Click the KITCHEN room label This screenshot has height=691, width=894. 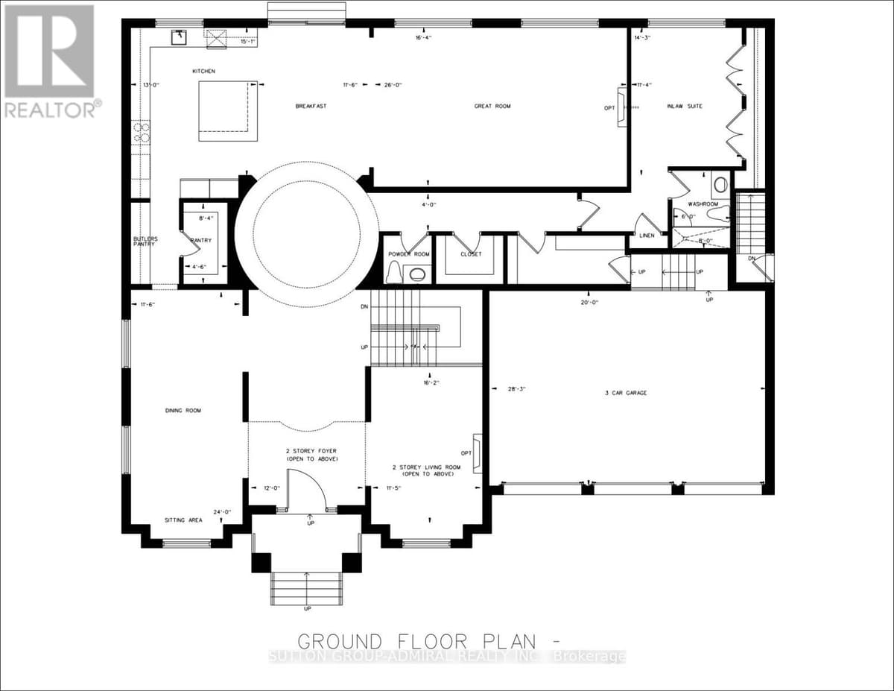pos(203,71)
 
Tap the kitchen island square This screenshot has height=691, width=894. pos(228,111)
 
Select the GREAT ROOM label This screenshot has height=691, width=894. pos(492,107)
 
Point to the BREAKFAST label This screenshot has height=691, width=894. pos(311,107)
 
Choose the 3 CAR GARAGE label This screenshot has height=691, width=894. pos(626,393)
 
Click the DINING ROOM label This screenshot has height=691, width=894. pos(183,411)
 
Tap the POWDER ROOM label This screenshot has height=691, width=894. pos(409,254)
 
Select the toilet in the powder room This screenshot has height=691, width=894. pos(393,274)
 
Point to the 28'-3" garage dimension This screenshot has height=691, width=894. pos(516,389)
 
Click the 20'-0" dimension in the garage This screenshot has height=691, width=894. pos(589,303)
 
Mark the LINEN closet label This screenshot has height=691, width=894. pos(647,236)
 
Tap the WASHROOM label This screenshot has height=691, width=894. pos(703,203)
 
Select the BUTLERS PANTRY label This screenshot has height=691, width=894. pos(142,242)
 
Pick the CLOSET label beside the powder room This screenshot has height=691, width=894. pos(471,254)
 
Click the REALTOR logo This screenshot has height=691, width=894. pos(50,60)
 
